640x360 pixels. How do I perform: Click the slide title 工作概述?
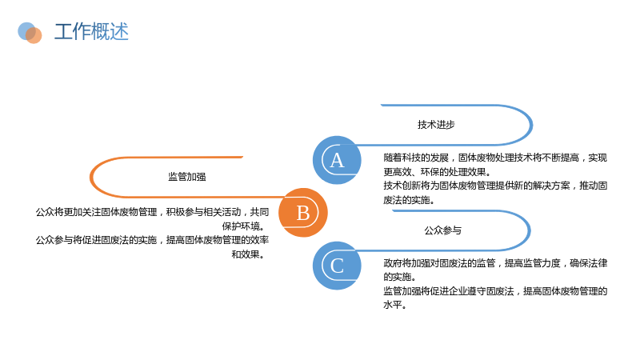click(x=91, y=31)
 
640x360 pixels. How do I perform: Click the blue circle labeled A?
click(x=337, y=160)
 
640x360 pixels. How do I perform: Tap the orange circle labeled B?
click(x=303, y=213)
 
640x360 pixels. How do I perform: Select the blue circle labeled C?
click(x=337, y=266)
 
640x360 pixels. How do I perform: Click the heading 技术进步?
click(x=436, y=125)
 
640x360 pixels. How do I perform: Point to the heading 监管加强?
click(x=187, y=177)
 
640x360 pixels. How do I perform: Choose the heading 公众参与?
click(x=443, y=230)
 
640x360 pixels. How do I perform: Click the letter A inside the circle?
click(x=337, y=161)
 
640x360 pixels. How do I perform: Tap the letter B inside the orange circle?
click(x=303, y=213)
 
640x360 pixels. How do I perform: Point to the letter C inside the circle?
click(x=337, y=266)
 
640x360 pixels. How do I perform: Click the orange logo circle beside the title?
click(x=34, y=35)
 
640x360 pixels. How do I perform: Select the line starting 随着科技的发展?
click(x=495, y=158)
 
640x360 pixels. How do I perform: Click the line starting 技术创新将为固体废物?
click(x=495, y=186)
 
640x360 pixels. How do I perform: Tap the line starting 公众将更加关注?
click(x=152, y=212)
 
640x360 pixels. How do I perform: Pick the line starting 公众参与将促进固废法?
click(x=152, y=240)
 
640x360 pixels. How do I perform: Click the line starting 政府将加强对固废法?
click(x=495, y=263)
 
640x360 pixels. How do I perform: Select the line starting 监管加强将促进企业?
click(x=495, y=291)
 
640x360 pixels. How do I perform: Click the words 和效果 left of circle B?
click(x=246, y=254)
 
